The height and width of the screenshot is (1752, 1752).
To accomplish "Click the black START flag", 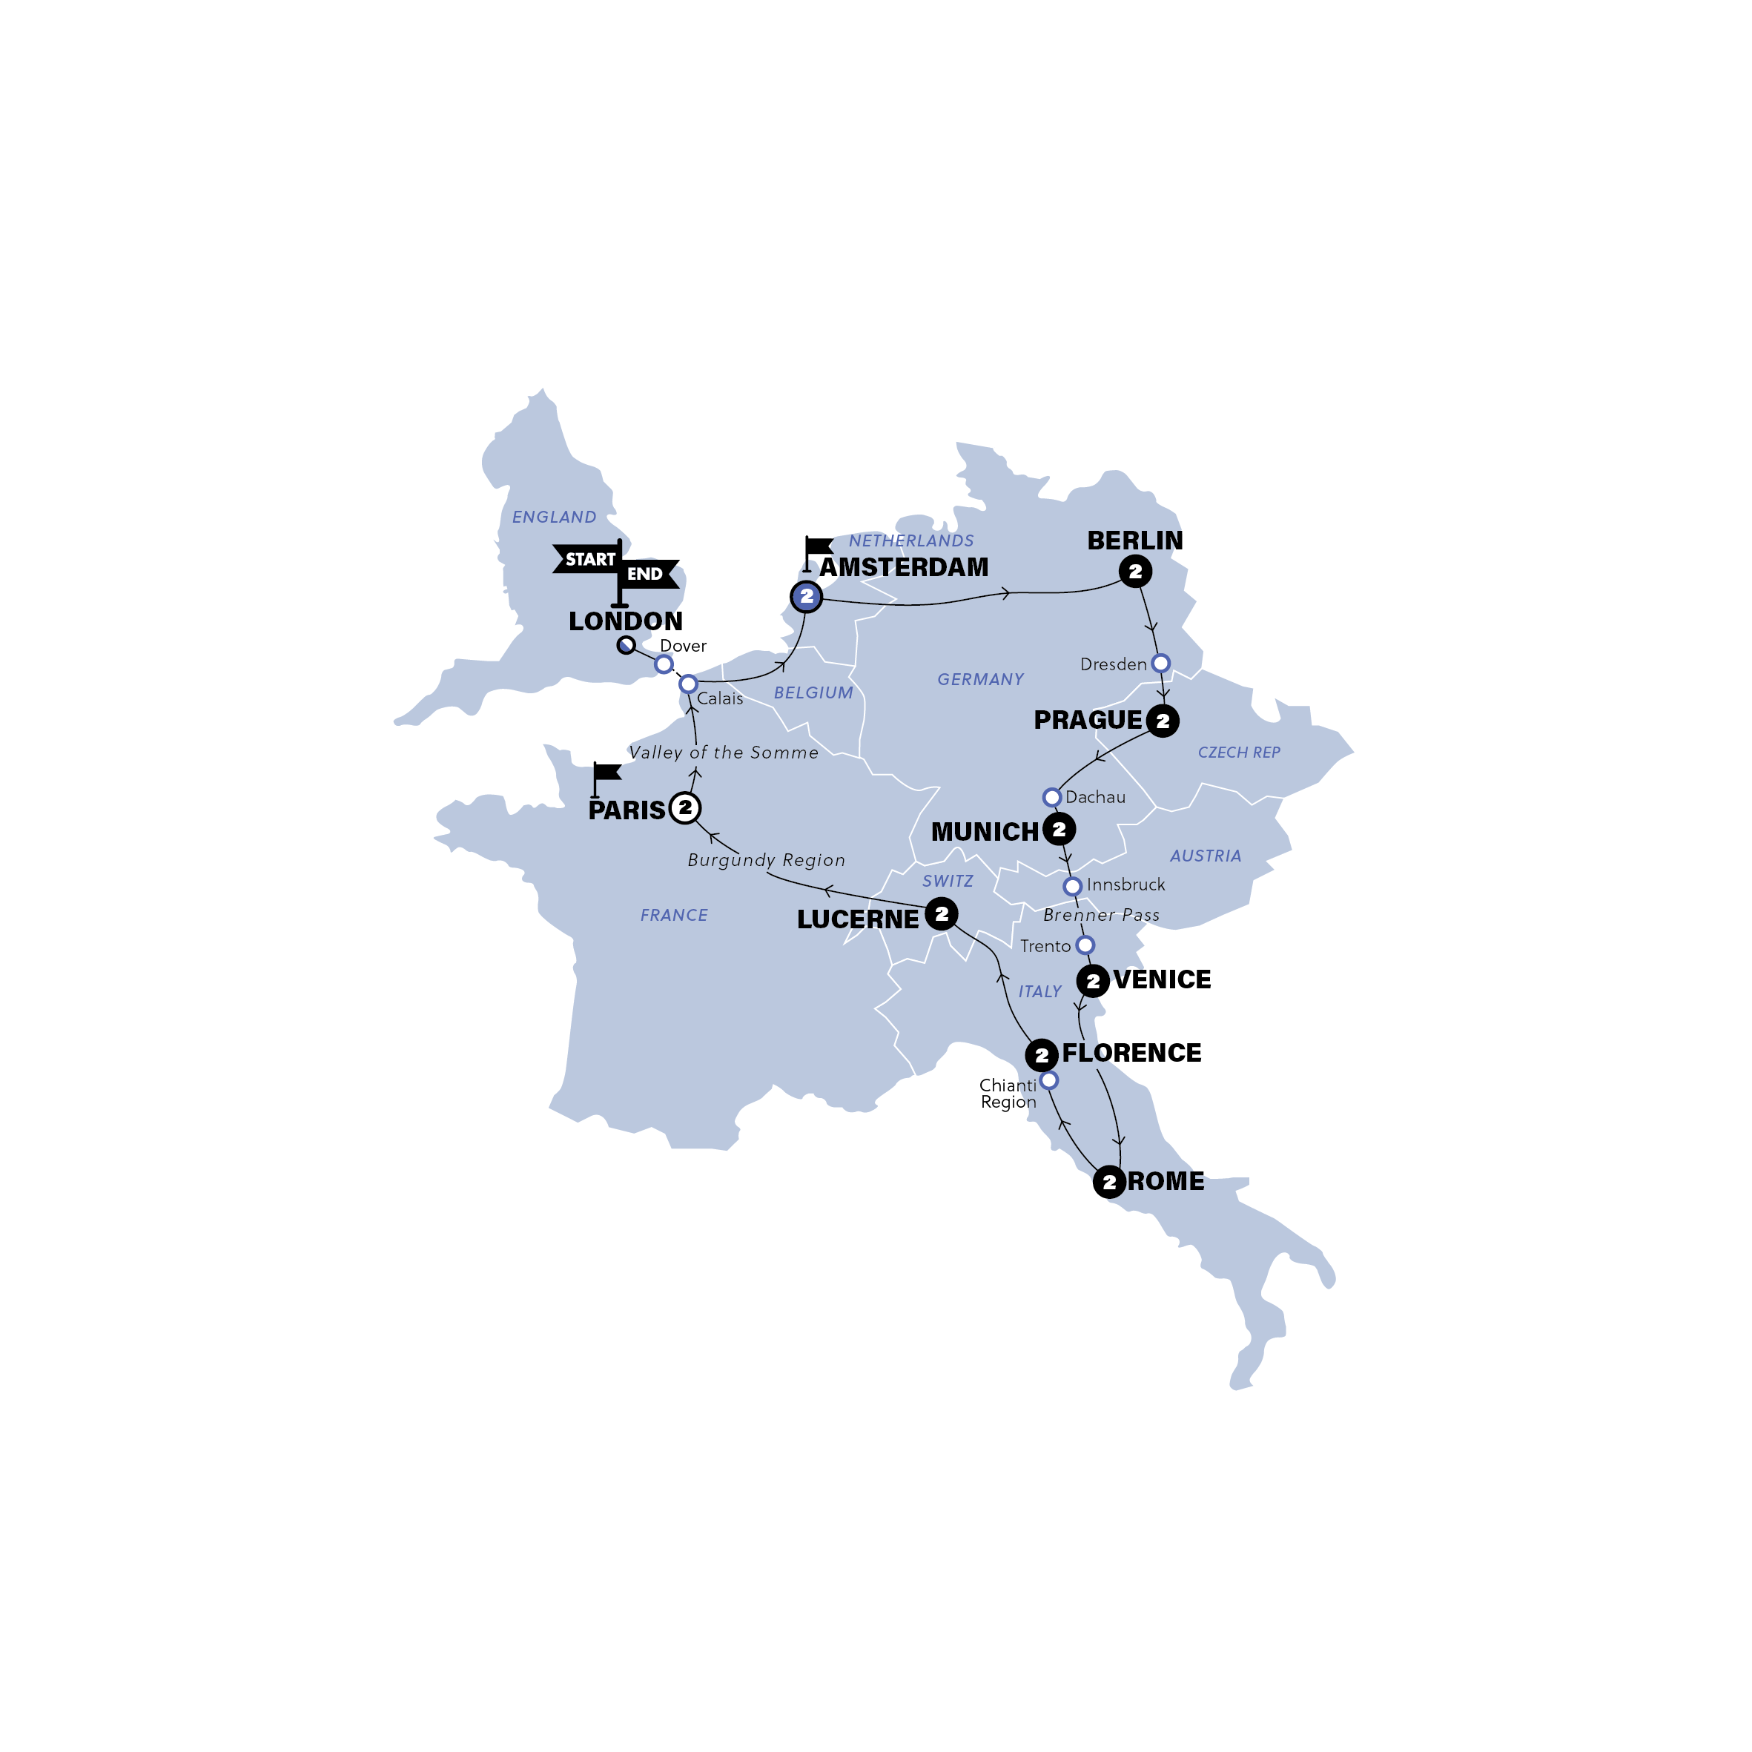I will pyautogui.click(x=588, y=558).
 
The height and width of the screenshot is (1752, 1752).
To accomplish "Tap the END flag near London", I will pyautogui.click(x=647, y=573).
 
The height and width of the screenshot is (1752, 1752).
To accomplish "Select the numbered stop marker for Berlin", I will pyautogui.click(x=1134, y=572).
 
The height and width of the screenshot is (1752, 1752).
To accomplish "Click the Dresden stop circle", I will pyautogui.click(x=1160, y=663).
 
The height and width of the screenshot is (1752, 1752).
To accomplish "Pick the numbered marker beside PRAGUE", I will pyautogui.click(x=1163, y=721).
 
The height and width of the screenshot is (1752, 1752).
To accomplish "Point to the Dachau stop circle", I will pyautogui.click(x=1051, y=797).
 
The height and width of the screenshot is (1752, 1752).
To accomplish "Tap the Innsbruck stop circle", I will pyautogui.click(x=1072, y=885).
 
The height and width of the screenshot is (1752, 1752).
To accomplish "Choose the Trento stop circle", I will pyautogui.click(x=1085, y=945).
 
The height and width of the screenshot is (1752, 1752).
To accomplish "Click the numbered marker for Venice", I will pyautogui.click(x=1093, y=980).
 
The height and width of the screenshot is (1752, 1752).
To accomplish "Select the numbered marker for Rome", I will pyautogui.click(x=1109, y=1182).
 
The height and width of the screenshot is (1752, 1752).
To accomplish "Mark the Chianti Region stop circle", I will pyautogui.click(x=1048, y=1080).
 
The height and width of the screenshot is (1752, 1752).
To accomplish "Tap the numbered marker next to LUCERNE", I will pyautogui.click(x=942, y=913).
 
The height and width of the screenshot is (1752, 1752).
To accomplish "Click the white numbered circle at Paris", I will pyautogui.click(x=684, y=807).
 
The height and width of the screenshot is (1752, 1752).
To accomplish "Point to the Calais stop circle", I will pyautogui.click(x=688, y=683).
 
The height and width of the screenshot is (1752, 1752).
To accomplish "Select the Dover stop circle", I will pyautogui.click(x=664, y=664).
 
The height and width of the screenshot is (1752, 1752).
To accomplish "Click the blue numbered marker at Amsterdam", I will pyautogui.click(x=806, y=597).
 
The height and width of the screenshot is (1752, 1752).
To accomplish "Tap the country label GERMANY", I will pyautogui.click(x=980, y=679).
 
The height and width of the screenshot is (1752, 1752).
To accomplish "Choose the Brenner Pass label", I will pyautogui.click(x=1101, y=915).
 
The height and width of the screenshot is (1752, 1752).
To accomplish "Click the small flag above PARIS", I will pyautogui.click(x=605, y=773).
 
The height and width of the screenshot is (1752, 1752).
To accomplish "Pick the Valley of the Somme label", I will pyautogui.click(x=724, y=752).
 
